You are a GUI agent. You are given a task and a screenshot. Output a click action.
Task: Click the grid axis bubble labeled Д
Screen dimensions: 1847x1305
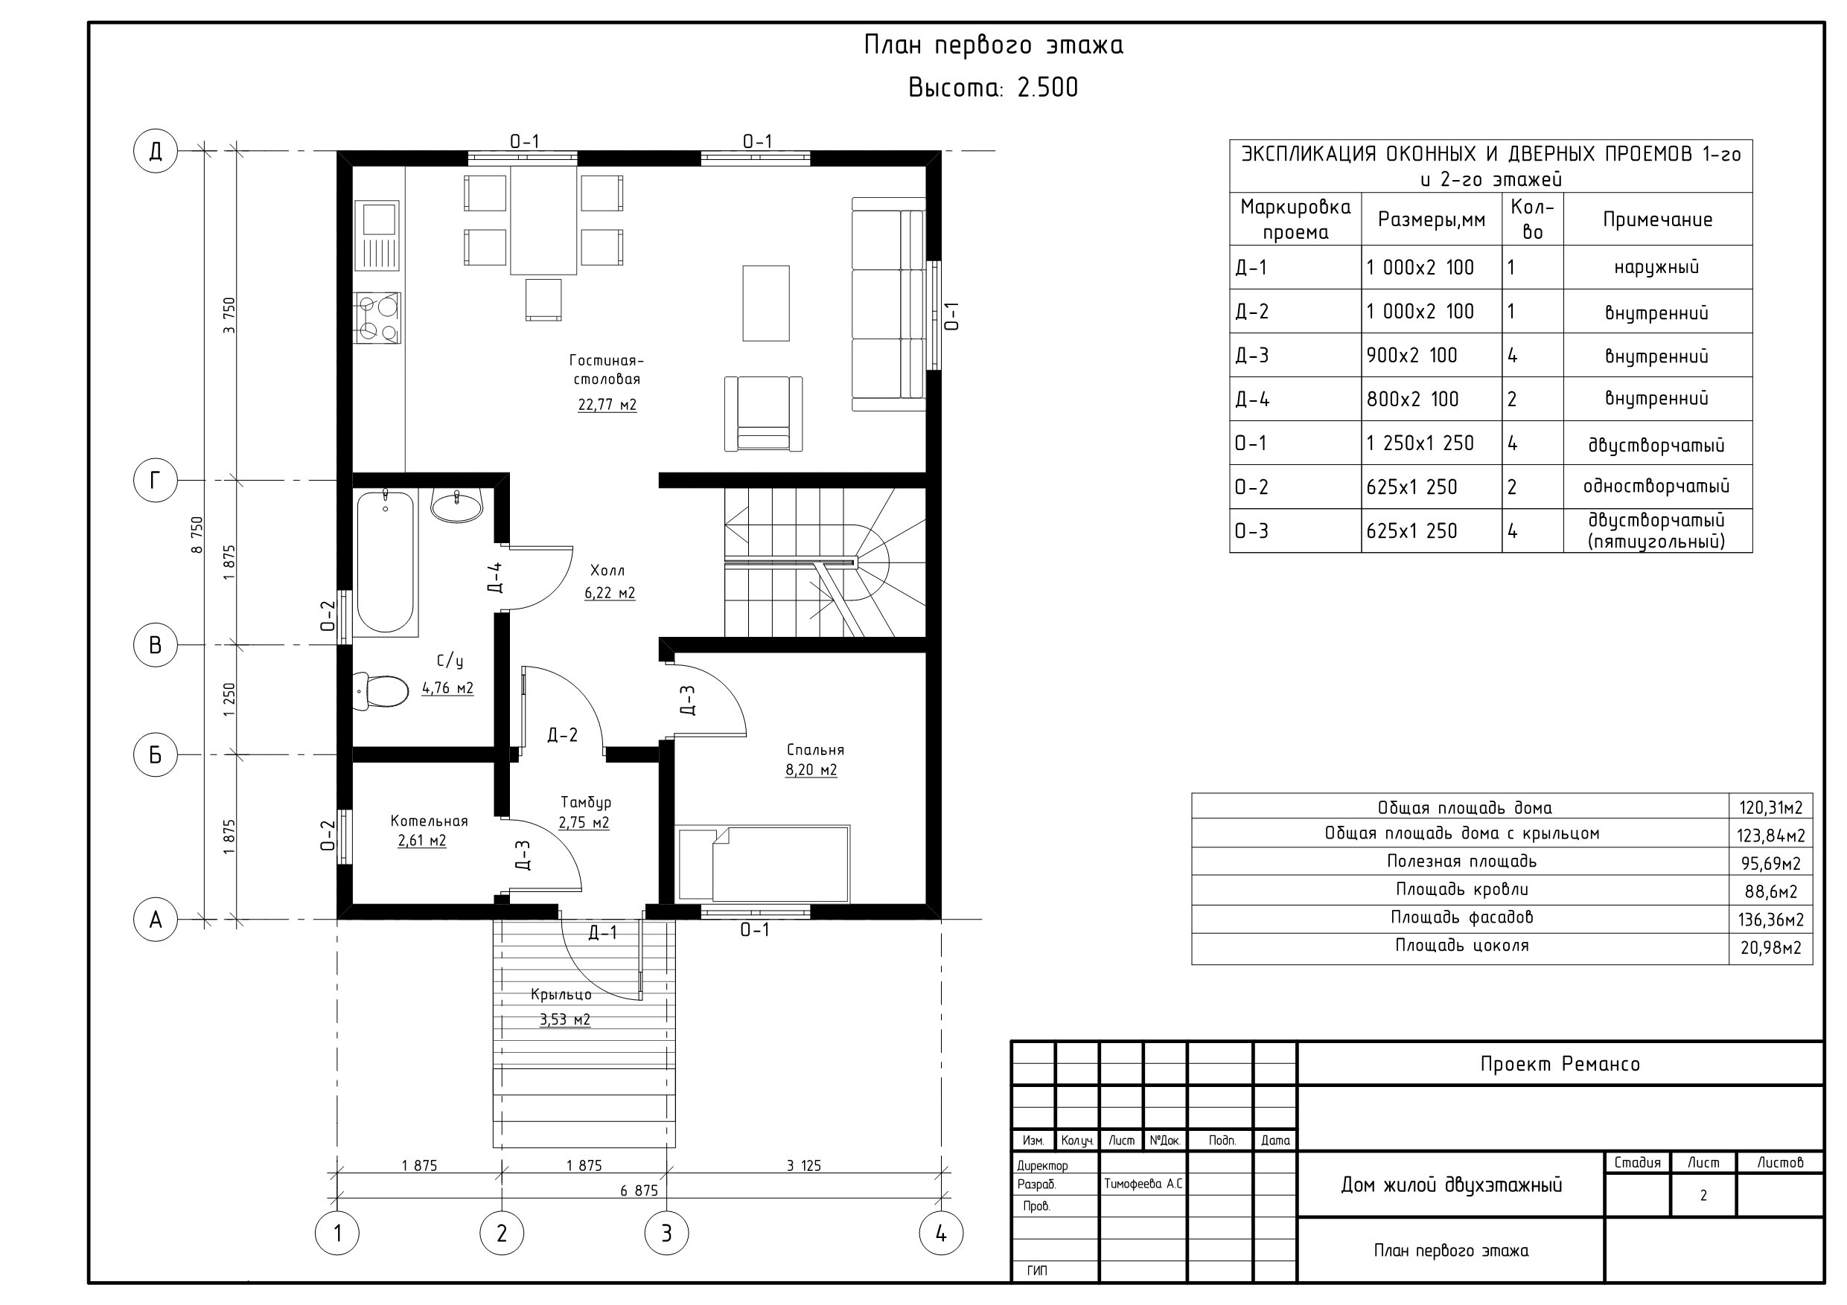(156, 150)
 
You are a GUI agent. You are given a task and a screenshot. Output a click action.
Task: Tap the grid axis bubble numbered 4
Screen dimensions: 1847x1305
(941, 1233)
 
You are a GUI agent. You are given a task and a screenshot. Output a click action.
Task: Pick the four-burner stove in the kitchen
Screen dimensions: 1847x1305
(377, 318)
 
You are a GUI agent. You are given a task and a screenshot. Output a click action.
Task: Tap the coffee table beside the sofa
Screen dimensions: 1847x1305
(766, 303)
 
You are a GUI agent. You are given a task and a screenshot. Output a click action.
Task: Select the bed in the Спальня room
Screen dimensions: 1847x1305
(763, 864)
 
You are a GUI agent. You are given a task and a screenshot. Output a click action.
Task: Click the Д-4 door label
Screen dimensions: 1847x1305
(496, 577)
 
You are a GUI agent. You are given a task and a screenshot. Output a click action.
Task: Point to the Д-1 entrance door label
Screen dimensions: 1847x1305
(602, 933)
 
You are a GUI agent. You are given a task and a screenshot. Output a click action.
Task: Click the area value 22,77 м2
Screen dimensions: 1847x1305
(607, 405)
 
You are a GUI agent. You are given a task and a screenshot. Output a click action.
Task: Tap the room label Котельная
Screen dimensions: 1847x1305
(429, 821)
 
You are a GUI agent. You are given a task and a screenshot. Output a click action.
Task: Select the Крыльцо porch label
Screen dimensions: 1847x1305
(561, 995)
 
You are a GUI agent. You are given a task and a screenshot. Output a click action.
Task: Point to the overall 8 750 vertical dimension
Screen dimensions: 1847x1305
(197, 535)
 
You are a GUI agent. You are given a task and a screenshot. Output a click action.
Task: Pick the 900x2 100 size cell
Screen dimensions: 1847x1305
(1411, 356)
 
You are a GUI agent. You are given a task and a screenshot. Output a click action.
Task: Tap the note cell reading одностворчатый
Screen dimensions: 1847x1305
(1656, 487)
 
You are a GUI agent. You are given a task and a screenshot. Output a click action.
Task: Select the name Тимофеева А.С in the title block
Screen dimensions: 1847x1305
(1143, 1184)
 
